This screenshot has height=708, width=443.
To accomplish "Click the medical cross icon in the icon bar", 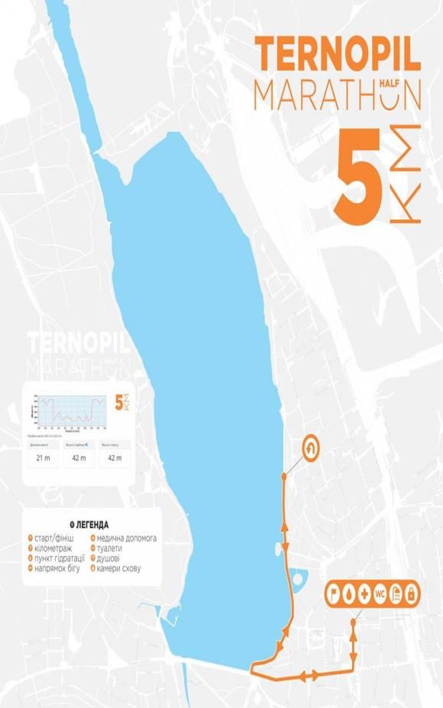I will tap(364, 593).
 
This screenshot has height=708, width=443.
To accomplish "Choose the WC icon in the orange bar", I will tap(380, 593).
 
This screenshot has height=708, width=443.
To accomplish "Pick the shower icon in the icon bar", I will tap(396, 593).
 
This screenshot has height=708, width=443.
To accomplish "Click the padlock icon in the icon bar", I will tap(411, 593).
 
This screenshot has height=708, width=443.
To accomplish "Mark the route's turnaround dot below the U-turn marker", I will tap(284, 476).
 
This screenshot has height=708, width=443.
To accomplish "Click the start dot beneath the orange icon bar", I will tap(353, 622).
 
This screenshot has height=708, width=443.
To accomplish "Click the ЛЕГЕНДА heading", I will tap(90, 525).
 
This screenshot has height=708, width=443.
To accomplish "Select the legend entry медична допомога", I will tap(126, 538).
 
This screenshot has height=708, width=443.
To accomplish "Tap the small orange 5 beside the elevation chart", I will tap(118, 403).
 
